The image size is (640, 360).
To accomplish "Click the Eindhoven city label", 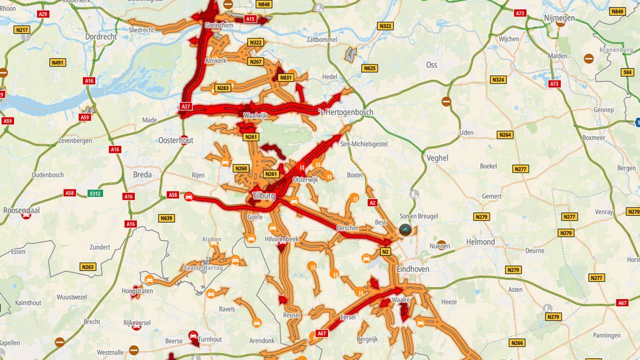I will tap(413, 269).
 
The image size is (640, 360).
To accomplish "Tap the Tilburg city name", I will tap(263, 196).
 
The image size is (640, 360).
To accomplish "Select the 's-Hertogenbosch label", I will tap(345, 112).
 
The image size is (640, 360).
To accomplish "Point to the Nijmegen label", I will tap(559, 18).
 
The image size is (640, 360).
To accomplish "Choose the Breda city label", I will tap(142, 174).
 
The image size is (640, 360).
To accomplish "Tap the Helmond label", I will tap(481, 242).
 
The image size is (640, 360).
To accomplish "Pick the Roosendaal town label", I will tap(21, 210).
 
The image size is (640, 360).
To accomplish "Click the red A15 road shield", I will tap(250, 19).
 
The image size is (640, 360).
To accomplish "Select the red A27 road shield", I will tap(185, 106).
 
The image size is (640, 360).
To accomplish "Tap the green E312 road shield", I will tap(95, 193).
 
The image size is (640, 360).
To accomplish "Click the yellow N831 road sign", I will tap(285, 77).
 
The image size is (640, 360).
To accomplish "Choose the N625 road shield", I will tap(369, 68).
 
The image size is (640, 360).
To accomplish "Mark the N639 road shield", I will tap(166, 218).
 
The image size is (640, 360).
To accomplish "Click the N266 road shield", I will tap(517, 342).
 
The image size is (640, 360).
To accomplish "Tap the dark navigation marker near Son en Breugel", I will tap(405, 230).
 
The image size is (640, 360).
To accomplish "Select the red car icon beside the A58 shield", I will tap(189, 197).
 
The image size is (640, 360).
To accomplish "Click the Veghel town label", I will tap(437, 158).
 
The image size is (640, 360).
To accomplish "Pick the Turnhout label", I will tap(209, 339).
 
